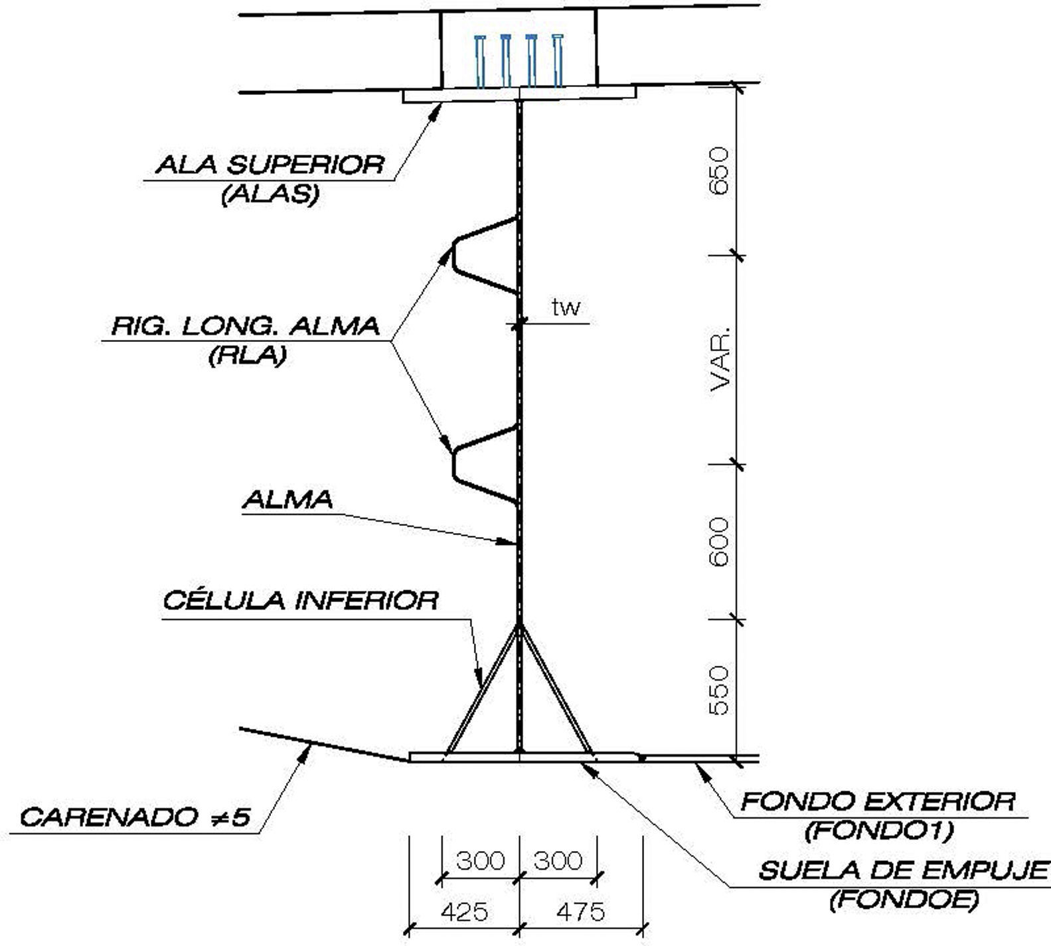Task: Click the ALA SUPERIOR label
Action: [x=270, y=164]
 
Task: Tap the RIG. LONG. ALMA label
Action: [x=246, y=327]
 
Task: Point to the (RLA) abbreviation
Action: [x=247, y=356]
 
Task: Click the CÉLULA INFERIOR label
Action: [x=301, y=601]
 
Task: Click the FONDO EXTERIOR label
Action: [x=878, y=802]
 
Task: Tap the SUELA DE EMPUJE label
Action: [x=904, y=870]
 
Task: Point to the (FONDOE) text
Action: [x=904, y=900]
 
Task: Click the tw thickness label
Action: [x=566, y=307]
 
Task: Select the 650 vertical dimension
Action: [x=720, y=171]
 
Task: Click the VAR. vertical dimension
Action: [x=720, y=358]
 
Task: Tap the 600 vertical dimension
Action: [x=720, y=542]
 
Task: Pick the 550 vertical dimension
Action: [x=720, y=690]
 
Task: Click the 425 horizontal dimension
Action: [x=463, y=911]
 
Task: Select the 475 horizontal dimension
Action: [x=580, y=911]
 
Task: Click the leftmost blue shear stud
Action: [x=480, y=61]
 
